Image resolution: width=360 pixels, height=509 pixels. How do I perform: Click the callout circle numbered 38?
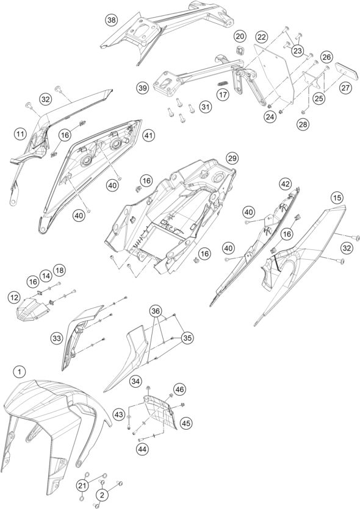point(112,20)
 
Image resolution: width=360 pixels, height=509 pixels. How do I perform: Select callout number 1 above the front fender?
point(20,372)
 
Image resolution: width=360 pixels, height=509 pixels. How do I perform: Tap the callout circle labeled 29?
point(232,158)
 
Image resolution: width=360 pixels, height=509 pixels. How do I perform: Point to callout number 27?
point(346,88)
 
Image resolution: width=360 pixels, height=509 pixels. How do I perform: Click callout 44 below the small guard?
point(143,449)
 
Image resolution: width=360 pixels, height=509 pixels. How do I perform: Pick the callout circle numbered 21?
point(82,486)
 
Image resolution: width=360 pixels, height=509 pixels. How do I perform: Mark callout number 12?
point(14,297)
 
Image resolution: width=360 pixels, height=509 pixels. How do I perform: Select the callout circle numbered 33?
point(57,338)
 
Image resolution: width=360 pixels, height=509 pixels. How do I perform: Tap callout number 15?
point(337,198)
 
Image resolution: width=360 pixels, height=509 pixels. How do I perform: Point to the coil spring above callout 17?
point(222,83)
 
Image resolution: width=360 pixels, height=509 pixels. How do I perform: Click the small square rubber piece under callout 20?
point(240,51)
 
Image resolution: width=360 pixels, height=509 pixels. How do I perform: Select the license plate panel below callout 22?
point(273,74)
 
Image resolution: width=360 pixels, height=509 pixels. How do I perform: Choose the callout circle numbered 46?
point(179,389)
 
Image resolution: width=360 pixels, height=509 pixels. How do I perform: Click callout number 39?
point(143,88)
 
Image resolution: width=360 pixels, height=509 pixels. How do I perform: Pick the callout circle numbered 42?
point(285,184)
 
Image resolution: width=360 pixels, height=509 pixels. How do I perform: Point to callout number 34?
point(136,382)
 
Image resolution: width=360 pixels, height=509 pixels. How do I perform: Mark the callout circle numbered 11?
point(21,133)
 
